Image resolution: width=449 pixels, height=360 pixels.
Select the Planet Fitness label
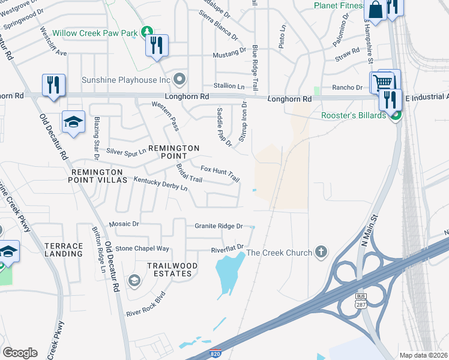tap(339, 6)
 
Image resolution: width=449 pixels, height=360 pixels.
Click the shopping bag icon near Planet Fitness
tap(375, 10)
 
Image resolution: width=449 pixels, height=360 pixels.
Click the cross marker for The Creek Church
tap(321, 251)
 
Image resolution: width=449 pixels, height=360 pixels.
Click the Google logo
tap(19, 353)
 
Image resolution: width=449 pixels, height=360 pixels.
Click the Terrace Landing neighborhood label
tap(64, 250)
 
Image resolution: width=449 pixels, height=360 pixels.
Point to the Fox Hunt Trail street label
tap(220, 175)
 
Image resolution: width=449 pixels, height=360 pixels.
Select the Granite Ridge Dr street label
tap(218, 226)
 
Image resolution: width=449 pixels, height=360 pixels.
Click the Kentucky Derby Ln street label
tap(160, 184)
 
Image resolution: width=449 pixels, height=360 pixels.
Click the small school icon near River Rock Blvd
tap(134, 281)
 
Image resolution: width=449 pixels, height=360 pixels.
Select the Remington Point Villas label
tap(99, 176)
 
